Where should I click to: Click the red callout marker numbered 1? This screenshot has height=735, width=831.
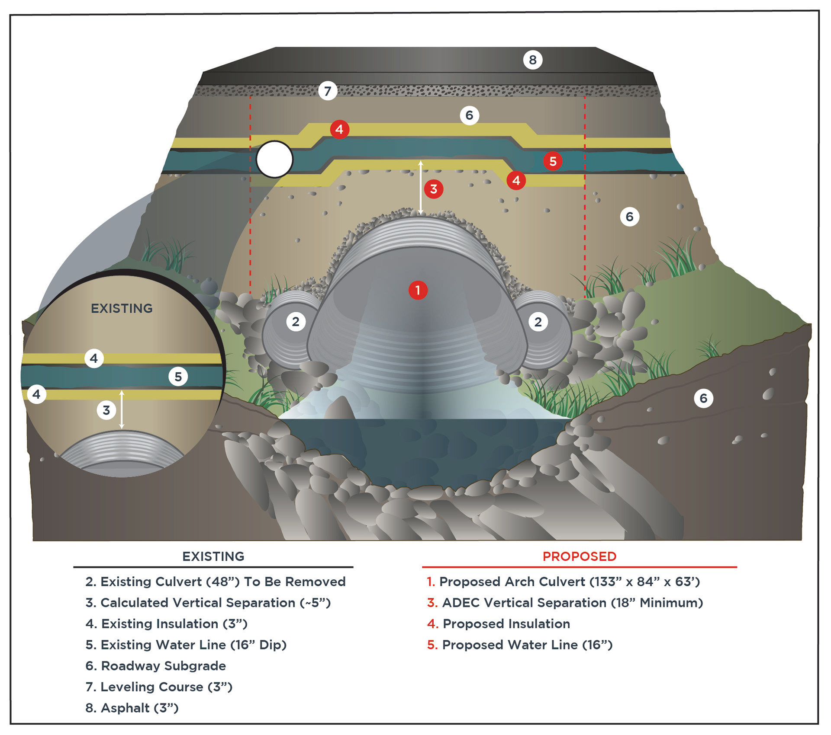tap(418, 290)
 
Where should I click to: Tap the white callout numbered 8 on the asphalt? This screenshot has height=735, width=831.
tap(532, 60)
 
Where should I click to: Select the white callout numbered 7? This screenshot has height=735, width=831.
tap(328, 91)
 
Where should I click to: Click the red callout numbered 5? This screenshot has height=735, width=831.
tap(553, 161)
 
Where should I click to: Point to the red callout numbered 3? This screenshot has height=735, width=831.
tap(433, 189)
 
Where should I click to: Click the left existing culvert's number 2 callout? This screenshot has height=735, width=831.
tap(296, 322)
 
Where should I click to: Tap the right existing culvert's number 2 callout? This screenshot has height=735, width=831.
tap(538, 322)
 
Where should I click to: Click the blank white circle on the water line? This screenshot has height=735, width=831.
tap(274, 160)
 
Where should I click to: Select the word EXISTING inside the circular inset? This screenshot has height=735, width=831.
tap(122, 308)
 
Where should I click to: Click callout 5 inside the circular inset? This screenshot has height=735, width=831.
tap(178, 377)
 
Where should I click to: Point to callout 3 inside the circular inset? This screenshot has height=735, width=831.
tap(106, 410)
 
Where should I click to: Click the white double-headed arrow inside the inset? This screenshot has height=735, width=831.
tap(122, 409)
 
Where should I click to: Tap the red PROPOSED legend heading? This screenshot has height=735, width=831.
tap(580, 556)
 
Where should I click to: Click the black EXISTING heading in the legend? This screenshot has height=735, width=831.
tap(213, 556)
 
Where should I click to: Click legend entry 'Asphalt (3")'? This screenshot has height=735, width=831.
tap(132, 708)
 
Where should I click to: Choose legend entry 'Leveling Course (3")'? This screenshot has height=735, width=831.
tap(159, 687)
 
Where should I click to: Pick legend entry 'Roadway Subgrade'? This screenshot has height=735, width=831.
tap(156, 666)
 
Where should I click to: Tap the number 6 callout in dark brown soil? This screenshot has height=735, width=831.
tap(703, 398)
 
